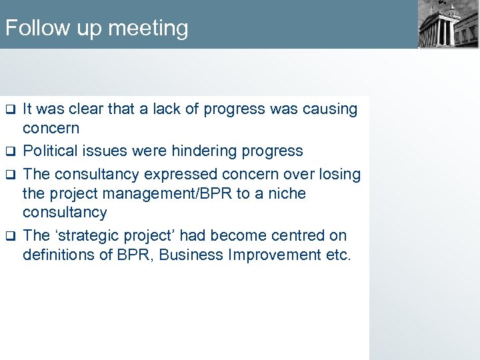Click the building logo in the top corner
pyautogui.click(x=447, y=25)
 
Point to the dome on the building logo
pyautogui.click(x=453, y=11)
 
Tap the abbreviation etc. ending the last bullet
pyautogui.click(x=337, y=255)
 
